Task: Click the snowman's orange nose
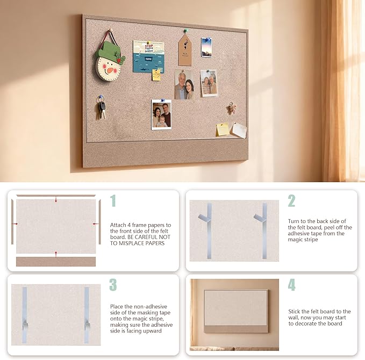pos(110,70)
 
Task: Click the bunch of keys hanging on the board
pos(101,109)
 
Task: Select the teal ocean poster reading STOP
pos(148,57)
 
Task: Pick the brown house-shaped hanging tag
pos(185,49)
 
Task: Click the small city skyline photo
pos(206,47)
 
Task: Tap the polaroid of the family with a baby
pos(161,114)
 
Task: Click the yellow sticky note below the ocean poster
pos(156,75)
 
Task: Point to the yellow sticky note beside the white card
pos(223,129)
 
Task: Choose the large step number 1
pos(113,200)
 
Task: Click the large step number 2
pos(291,200)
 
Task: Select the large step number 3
pos(113,285)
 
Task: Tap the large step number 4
pos(292,285)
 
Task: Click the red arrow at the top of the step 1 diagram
pos(56,199)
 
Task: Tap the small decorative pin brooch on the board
pos(232,108)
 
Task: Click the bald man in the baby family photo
pos(166,114)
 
